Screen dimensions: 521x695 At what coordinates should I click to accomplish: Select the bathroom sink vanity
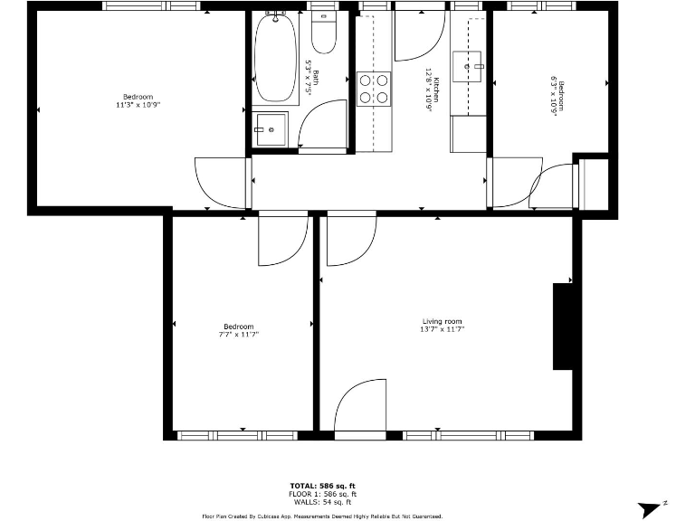pos(270,129)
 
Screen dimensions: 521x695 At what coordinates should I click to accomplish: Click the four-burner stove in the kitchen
pos(374,88)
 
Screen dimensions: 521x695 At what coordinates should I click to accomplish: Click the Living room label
pos(442,321)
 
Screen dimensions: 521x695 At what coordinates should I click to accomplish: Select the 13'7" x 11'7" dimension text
pos(442,330)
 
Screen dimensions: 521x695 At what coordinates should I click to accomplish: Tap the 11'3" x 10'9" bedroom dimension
pos(138,105)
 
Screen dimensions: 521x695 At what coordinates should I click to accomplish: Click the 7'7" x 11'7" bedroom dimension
pos(239,335)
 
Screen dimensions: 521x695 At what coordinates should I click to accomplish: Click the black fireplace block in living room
pos(563,327)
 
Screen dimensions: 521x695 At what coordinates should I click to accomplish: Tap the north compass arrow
pos(650,509)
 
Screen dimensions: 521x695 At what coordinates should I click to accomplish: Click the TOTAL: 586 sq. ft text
pos(322,487)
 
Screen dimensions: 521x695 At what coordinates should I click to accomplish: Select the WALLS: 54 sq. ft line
pos(322,503)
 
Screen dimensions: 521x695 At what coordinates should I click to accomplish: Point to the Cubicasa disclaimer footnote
pos(322,516)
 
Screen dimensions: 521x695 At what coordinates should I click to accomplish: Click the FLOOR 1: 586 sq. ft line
pos(322,495)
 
